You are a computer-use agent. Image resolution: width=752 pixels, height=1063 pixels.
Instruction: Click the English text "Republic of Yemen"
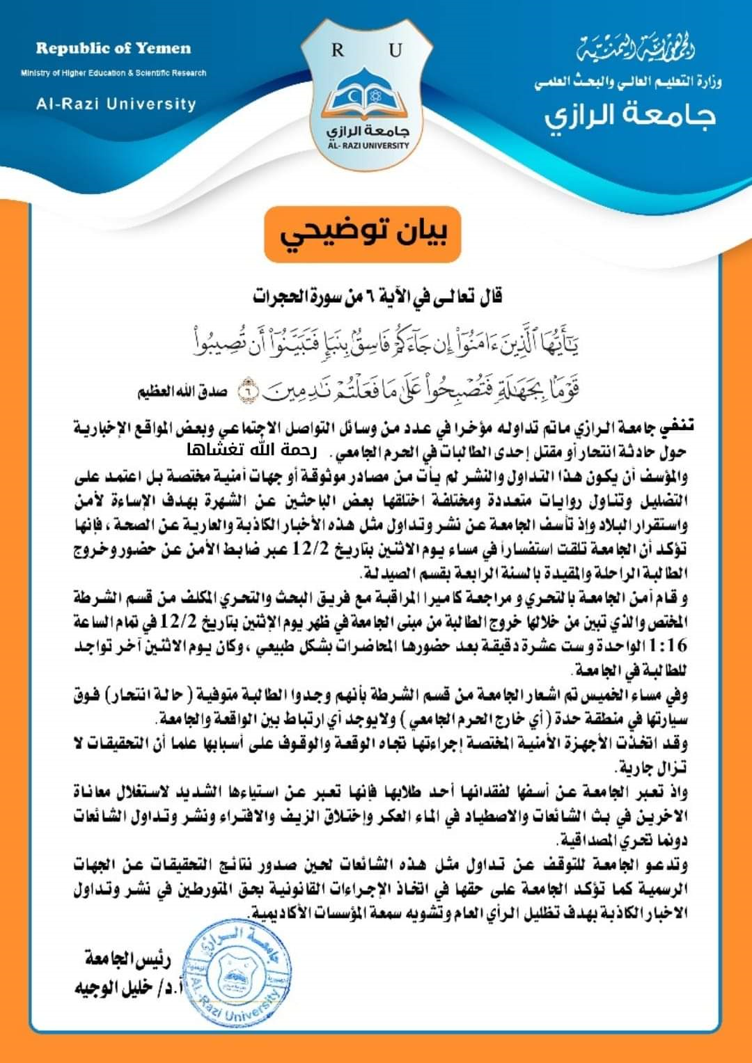click(x=113, y=49)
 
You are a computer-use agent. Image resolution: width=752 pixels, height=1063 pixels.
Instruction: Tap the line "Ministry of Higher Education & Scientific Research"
click(x=113, y=73)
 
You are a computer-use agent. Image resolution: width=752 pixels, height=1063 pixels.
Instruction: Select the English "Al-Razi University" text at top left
click(x=116, y=104)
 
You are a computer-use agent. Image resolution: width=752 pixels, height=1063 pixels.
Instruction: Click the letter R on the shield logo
click(x=338, y=50)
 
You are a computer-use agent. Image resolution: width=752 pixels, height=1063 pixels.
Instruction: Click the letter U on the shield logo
click(x=396, y=50)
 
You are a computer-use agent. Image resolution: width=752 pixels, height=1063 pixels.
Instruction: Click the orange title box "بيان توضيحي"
click(x=363, y=235)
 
